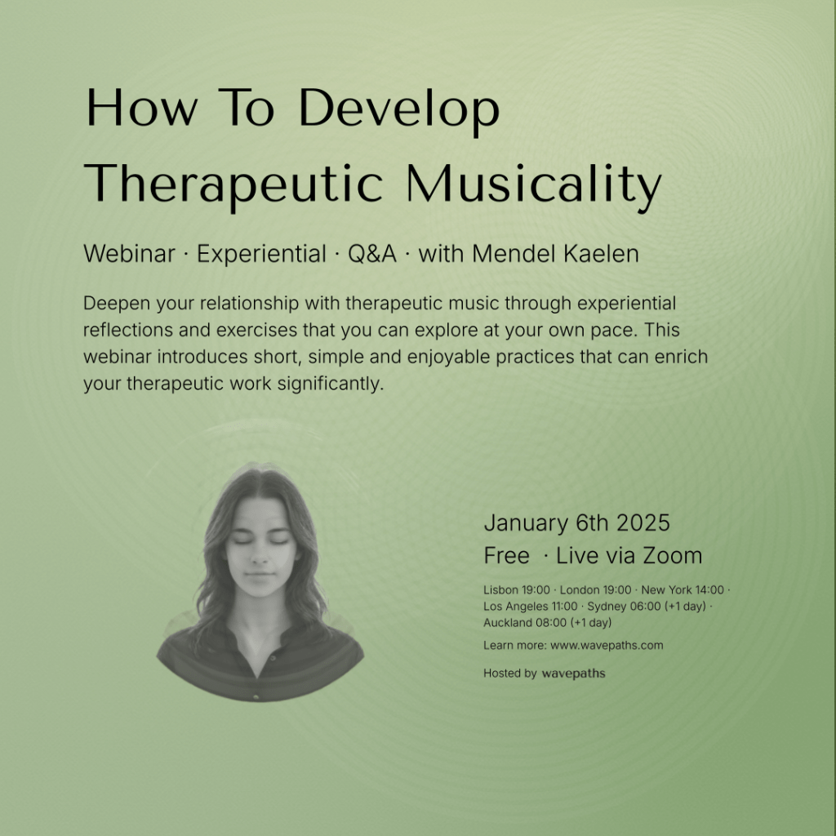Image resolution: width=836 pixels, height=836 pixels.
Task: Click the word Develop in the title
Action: pos(398,110)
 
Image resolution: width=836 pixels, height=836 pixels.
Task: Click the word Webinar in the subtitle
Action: pos(129,254)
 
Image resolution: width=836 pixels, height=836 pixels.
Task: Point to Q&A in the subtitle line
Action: pos(372,254)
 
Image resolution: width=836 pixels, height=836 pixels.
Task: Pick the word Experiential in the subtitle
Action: pos(261,255)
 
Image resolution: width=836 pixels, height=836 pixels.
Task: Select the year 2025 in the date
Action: pos(643,523)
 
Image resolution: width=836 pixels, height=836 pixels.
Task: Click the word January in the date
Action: pos(526,524)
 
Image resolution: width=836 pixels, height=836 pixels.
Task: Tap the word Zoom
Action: pos(673,556)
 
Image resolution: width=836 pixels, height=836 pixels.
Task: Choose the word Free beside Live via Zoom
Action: pos(506,556)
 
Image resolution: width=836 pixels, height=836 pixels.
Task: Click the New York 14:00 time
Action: pos(683,590)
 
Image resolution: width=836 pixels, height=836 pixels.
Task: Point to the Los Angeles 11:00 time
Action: pos(530,607)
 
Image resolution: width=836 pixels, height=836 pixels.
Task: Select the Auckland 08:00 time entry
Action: pos(548,623)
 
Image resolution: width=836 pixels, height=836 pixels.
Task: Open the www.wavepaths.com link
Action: pos(607,646)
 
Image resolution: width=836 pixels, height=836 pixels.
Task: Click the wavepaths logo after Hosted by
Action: pos(574,674)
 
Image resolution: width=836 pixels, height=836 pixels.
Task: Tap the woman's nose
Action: pos(259,556)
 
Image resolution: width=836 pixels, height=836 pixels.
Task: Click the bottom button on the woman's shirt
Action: pos(256,697)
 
